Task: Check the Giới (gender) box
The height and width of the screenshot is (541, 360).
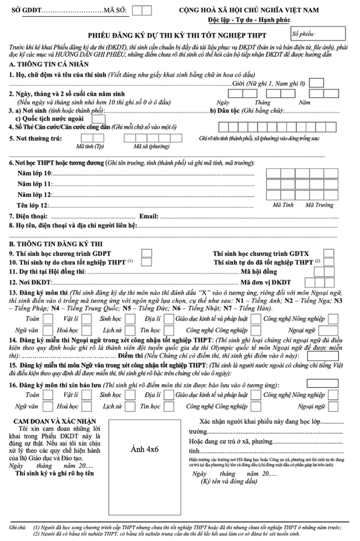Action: pos(317,83)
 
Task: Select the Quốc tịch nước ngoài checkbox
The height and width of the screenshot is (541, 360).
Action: pos(99,119)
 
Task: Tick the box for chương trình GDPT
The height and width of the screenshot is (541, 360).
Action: pos(147,253)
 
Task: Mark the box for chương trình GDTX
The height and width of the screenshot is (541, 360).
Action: pos(329,253)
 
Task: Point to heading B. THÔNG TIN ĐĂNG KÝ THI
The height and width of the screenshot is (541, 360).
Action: pos(51,244)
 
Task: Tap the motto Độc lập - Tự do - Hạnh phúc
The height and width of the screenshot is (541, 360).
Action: pos(249,20)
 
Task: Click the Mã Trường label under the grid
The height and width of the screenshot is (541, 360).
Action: pos(319,205)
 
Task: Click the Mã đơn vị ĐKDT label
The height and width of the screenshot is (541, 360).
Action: pos(266,283)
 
